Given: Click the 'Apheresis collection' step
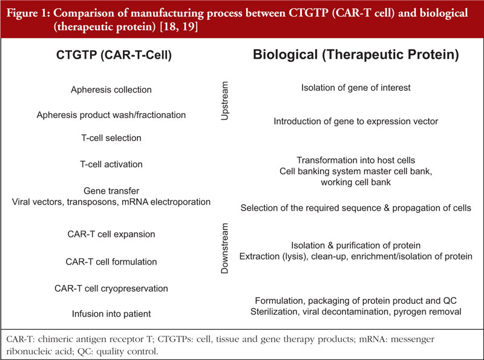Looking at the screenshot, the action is [111, 90].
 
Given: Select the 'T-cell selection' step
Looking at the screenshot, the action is [111, 138].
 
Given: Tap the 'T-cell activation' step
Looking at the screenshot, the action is [111, 164].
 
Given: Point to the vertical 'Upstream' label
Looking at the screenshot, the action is [224, 100].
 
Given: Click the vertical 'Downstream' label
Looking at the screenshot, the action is [224, 248].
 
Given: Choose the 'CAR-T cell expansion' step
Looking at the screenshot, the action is [111, 234].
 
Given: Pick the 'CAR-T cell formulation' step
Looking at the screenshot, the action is [111, 261].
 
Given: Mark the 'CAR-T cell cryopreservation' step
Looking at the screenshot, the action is [111, 289].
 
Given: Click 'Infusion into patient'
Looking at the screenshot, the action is [111, 313].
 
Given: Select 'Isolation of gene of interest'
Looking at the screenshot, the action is [356, 88].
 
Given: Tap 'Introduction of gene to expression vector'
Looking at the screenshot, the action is [356, 122].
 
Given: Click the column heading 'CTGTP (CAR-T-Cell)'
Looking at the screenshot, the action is [114, 55].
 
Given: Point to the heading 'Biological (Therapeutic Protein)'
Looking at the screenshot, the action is [356, 54].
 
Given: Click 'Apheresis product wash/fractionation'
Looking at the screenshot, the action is [111, 115].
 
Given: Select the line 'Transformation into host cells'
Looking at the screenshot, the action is [356, 160].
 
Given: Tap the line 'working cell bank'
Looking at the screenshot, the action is [356, 182].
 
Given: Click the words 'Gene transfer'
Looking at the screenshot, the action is [111, 191].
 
